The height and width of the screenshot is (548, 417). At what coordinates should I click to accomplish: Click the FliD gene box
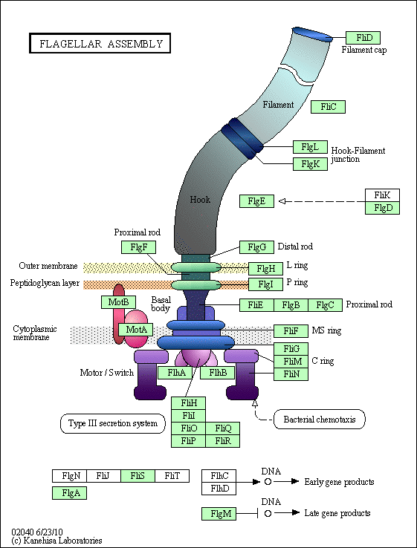click(x=363, y=38)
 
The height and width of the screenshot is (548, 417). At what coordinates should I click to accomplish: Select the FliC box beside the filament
click(x=328, y=107)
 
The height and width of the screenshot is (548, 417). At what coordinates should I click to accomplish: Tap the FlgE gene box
click(x=256, y=201)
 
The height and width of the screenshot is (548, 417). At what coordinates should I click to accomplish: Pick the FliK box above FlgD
click(x=382, y=195)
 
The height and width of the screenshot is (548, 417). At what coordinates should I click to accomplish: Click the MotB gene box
click(x=118, y=302)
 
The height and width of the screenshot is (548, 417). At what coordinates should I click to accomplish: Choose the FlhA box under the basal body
click(x=175, y=373)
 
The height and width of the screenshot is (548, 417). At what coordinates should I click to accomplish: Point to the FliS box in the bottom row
click(x=138, y=476)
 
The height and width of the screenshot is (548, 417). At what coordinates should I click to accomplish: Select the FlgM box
click(x=219, y=514)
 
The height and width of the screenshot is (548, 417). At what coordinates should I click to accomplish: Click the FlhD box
click(x=219, y=489)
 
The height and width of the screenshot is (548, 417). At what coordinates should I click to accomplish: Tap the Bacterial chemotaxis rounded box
click(x=319, y=419)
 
